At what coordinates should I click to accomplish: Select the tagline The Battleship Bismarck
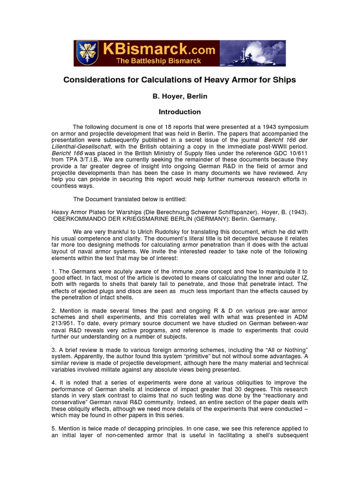(159, 61)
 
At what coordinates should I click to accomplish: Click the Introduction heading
(180, 112)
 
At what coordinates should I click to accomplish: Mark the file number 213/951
(63, 324)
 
